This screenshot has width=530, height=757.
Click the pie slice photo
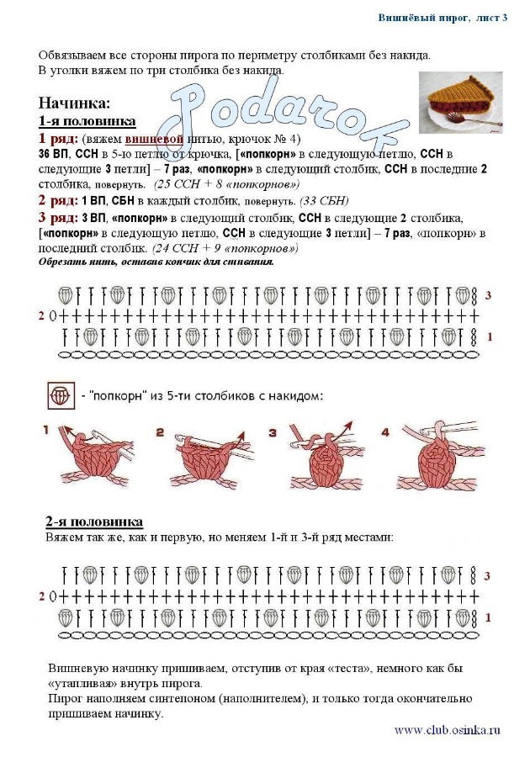pyautogui.click(x=460, y=103)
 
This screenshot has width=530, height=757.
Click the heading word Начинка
pyautogui.click(x=74, y=104)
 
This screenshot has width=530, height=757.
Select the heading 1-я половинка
pyautogui.click(x=87, y=121)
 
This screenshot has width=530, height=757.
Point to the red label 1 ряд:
pyautogui.click(x=58, y=139)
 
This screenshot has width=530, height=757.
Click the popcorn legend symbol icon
pyautogui.click(x=60, y=394)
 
